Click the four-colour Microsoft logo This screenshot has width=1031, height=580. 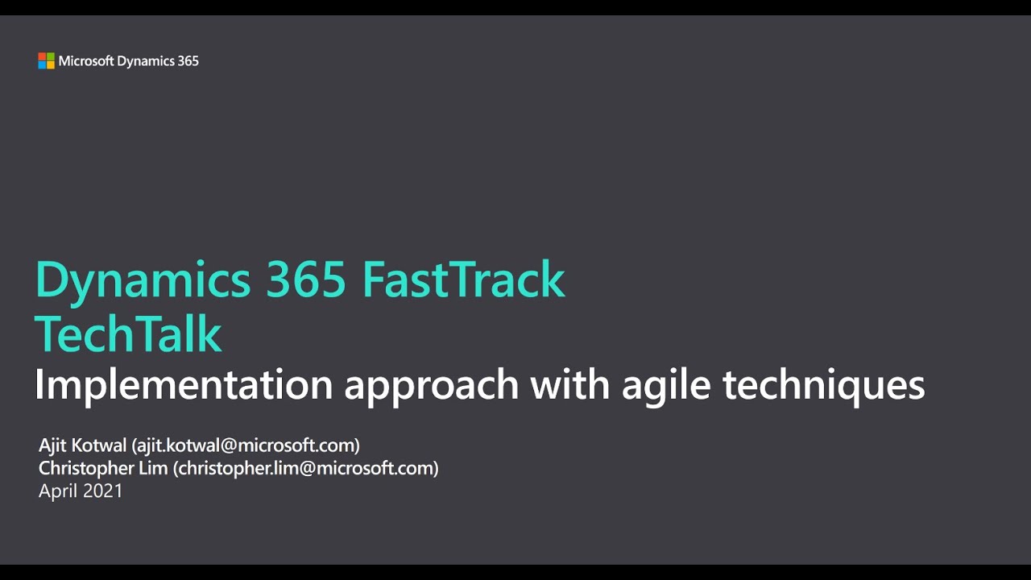point(46,60)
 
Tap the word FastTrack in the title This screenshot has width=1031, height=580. point(463,280)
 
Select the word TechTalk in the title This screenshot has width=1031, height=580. point(128,333)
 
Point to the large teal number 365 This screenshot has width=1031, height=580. point(306,280)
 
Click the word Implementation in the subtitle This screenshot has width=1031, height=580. point(184,386)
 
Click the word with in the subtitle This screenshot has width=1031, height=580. point(570,384)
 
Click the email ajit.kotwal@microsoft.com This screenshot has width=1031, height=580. point(246,445)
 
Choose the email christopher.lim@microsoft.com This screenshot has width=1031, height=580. point(305,468)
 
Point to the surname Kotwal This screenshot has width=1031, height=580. point(98,445)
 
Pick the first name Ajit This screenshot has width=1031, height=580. point(52,445)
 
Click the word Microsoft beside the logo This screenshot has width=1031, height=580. point(86,60)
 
